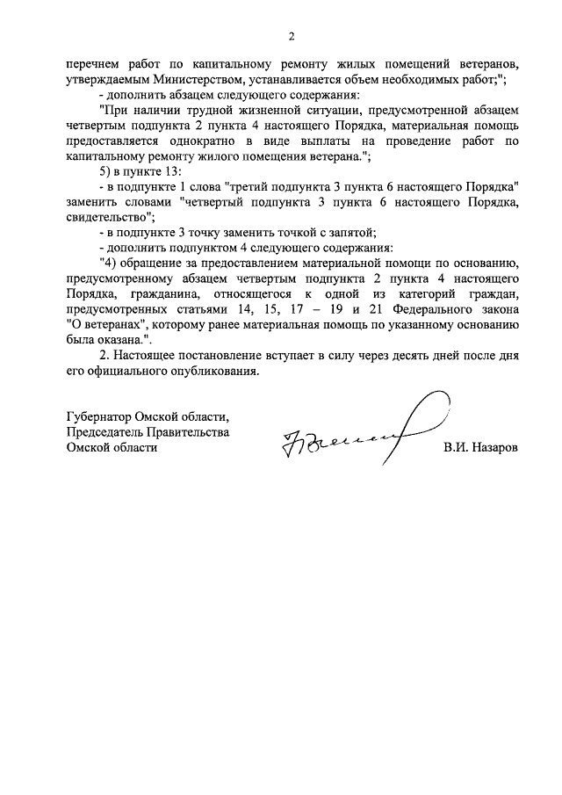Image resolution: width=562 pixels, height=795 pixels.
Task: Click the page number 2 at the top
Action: (x=292, y=36)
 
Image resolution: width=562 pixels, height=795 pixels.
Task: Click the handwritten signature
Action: (x=351, y=430)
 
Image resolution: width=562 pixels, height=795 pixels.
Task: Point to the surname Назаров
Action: (x=494, y=448)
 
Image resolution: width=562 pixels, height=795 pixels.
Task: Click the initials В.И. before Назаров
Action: (x=456, y=448)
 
